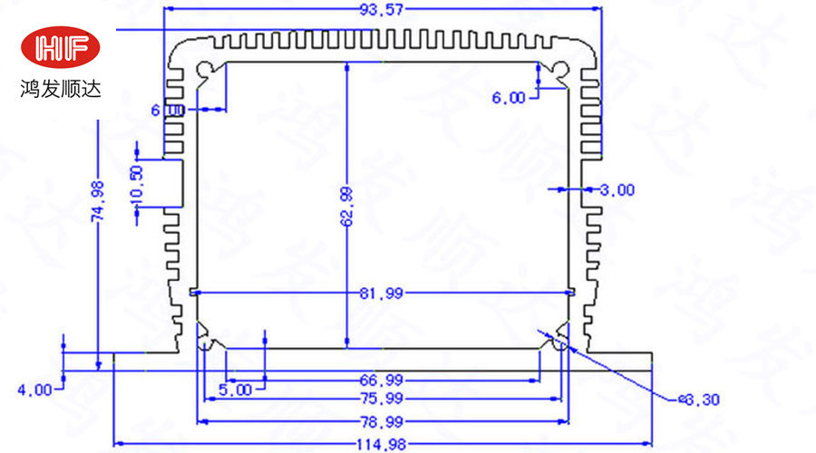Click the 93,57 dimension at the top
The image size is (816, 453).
pos(381,11)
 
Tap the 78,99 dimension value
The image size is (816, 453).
pos(383,420)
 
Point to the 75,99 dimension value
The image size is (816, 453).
pos(383,400)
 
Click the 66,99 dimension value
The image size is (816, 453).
pos(383,380)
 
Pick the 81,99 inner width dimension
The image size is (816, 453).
pos(383,293)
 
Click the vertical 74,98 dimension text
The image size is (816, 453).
pos(98,201)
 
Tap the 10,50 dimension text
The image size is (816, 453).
pos(137,185)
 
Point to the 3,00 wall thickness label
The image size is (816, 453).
pos(617,189)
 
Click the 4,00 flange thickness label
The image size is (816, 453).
pos(35,390)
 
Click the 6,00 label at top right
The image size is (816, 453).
pos(508,98)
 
